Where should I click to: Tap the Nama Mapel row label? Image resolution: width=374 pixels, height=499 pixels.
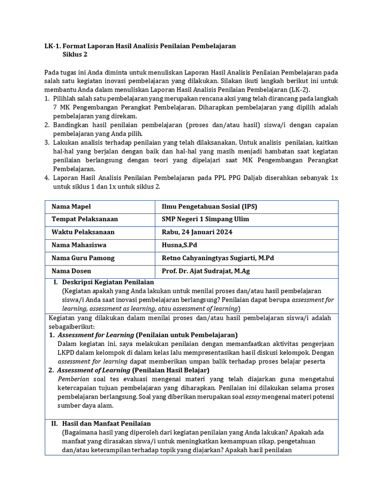pyautogui.click(x=71, y=207)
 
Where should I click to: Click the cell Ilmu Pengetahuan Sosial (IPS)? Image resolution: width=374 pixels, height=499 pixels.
pyautogui.click(x=209, y=207)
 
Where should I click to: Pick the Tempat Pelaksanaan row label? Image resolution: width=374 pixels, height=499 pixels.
pyautogui.click(x=85, y=219)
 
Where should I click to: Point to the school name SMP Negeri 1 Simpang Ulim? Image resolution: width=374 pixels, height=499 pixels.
pyautogui.click(x=205, y=219)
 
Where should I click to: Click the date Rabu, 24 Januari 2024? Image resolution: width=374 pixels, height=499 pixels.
pyautogui.click(x=197, y=232)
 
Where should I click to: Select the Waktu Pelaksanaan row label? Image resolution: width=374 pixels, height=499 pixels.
pyautogui.click(x=83, y=232)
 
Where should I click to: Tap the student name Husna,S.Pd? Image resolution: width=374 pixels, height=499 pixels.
pyautogui.click(x=179, y=245)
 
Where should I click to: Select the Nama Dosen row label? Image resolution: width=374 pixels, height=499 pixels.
pyautogui.click(x=72, y=271)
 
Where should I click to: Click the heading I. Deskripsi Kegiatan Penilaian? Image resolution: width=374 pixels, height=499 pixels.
pyautogui.click(x=104, y=282)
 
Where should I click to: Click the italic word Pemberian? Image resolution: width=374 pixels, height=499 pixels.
pyautogui.click(x=73, y=379)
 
